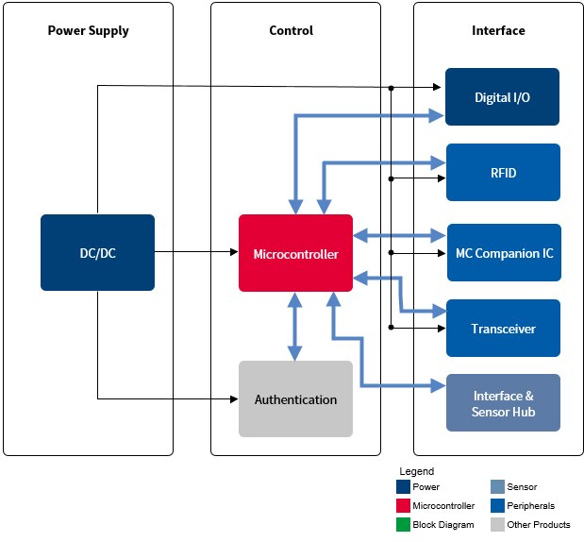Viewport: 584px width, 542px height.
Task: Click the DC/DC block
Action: pos(97,252)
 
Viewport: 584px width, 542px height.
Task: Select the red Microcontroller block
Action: pos(295,253)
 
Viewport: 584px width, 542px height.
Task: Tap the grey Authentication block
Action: pos(295,398)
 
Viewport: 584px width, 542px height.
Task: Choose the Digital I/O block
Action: pos(503,96)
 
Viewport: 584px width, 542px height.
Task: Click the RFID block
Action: pos(503,173)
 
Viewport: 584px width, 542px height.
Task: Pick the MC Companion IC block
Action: pos(503,253)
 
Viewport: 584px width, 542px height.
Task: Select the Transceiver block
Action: pos(503,328)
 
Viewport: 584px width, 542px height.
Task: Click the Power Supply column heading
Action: pos(88,30)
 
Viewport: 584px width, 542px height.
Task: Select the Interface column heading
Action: pos(498,30)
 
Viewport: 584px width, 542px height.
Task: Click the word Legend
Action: pos(416,470)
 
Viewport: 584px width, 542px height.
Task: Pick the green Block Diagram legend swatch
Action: pos(404,524)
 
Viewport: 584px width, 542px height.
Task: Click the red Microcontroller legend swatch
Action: pos(404,505)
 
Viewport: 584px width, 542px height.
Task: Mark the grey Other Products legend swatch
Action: pos(497,524)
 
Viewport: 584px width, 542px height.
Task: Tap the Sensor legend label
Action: pos(522,487)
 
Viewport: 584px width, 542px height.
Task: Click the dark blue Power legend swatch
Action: pos(404,487)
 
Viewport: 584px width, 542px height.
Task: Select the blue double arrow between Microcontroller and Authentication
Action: pos(295,326)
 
